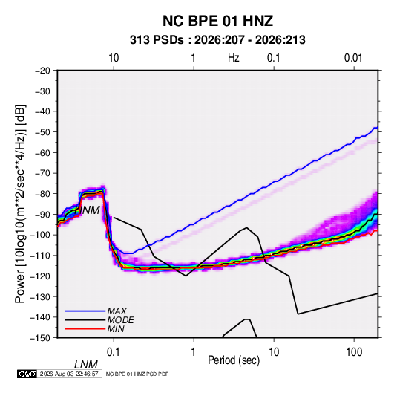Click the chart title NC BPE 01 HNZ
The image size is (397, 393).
pos(217,21)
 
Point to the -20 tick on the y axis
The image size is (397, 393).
pos(42,71)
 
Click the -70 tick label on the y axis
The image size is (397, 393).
pos(42,173)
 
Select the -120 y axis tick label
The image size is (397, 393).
pos(40,276)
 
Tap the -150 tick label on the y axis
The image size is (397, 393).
pos(40,338)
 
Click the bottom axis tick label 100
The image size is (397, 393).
pos(354,352)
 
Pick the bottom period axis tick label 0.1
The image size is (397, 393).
pos(114,352)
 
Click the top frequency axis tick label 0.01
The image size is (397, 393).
pos(353,58)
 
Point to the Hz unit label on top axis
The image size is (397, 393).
pos(234,58)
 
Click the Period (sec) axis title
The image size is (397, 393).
pos(234,360)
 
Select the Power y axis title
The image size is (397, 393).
pos(20,204)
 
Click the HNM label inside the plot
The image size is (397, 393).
pos(88,210)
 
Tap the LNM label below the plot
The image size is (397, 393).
pos(86,365)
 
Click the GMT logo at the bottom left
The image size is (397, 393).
pos(27,374)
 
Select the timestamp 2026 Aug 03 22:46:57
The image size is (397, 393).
pos(69,374)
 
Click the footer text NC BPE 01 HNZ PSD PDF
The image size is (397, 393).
pos(137,374)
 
